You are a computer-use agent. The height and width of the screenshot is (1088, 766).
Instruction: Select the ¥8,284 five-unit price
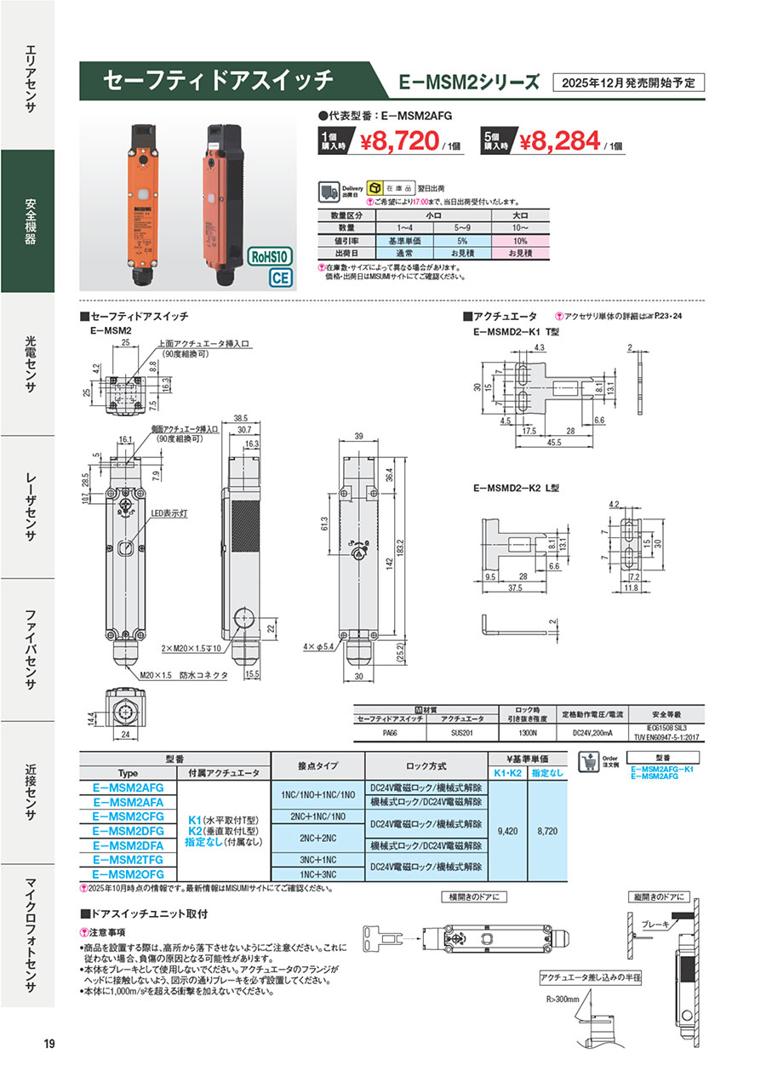coord(558,140)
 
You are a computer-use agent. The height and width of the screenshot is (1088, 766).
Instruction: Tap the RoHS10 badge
coord(271,256)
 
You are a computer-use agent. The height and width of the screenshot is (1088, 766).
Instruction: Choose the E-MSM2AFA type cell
coord(128,802)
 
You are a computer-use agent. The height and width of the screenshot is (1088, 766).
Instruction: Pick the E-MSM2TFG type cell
coord(128,860)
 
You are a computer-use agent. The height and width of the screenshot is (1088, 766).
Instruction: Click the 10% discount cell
coord(519,240)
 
